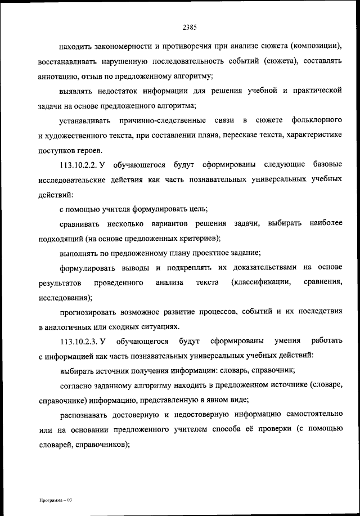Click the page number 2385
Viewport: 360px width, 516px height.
tap(189, 25)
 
